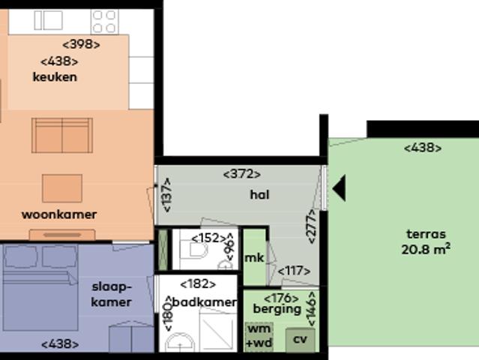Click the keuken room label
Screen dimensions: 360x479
(55, 76)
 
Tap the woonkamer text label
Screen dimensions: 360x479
(58, 214)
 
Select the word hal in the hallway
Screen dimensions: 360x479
(259, 195)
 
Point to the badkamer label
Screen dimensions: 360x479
(205, 302)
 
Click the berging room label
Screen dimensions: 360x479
(277, 309)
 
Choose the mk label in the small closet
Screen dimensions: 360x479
(254, 258)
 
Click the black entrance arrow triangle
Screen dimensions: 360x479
(339, 188)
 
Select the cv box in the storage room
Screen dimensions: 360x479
(300, 339)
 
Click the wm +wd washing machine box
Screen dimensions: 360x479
(259, 337)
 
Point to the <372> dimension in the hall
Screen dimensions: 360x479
(242, 174)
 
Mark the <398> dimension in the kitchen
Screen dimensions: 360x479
(81, 44)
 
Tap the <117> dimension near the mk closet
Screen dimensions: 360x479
(293, 271)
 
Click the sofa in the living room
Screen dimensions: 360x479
(62, 135)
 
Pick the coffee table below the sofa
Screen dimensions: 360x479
(61, 187)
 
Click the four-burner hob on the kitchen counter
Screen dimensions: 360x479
(104, 20)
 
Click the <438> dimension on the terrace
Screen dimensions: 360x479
(423, 148)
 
